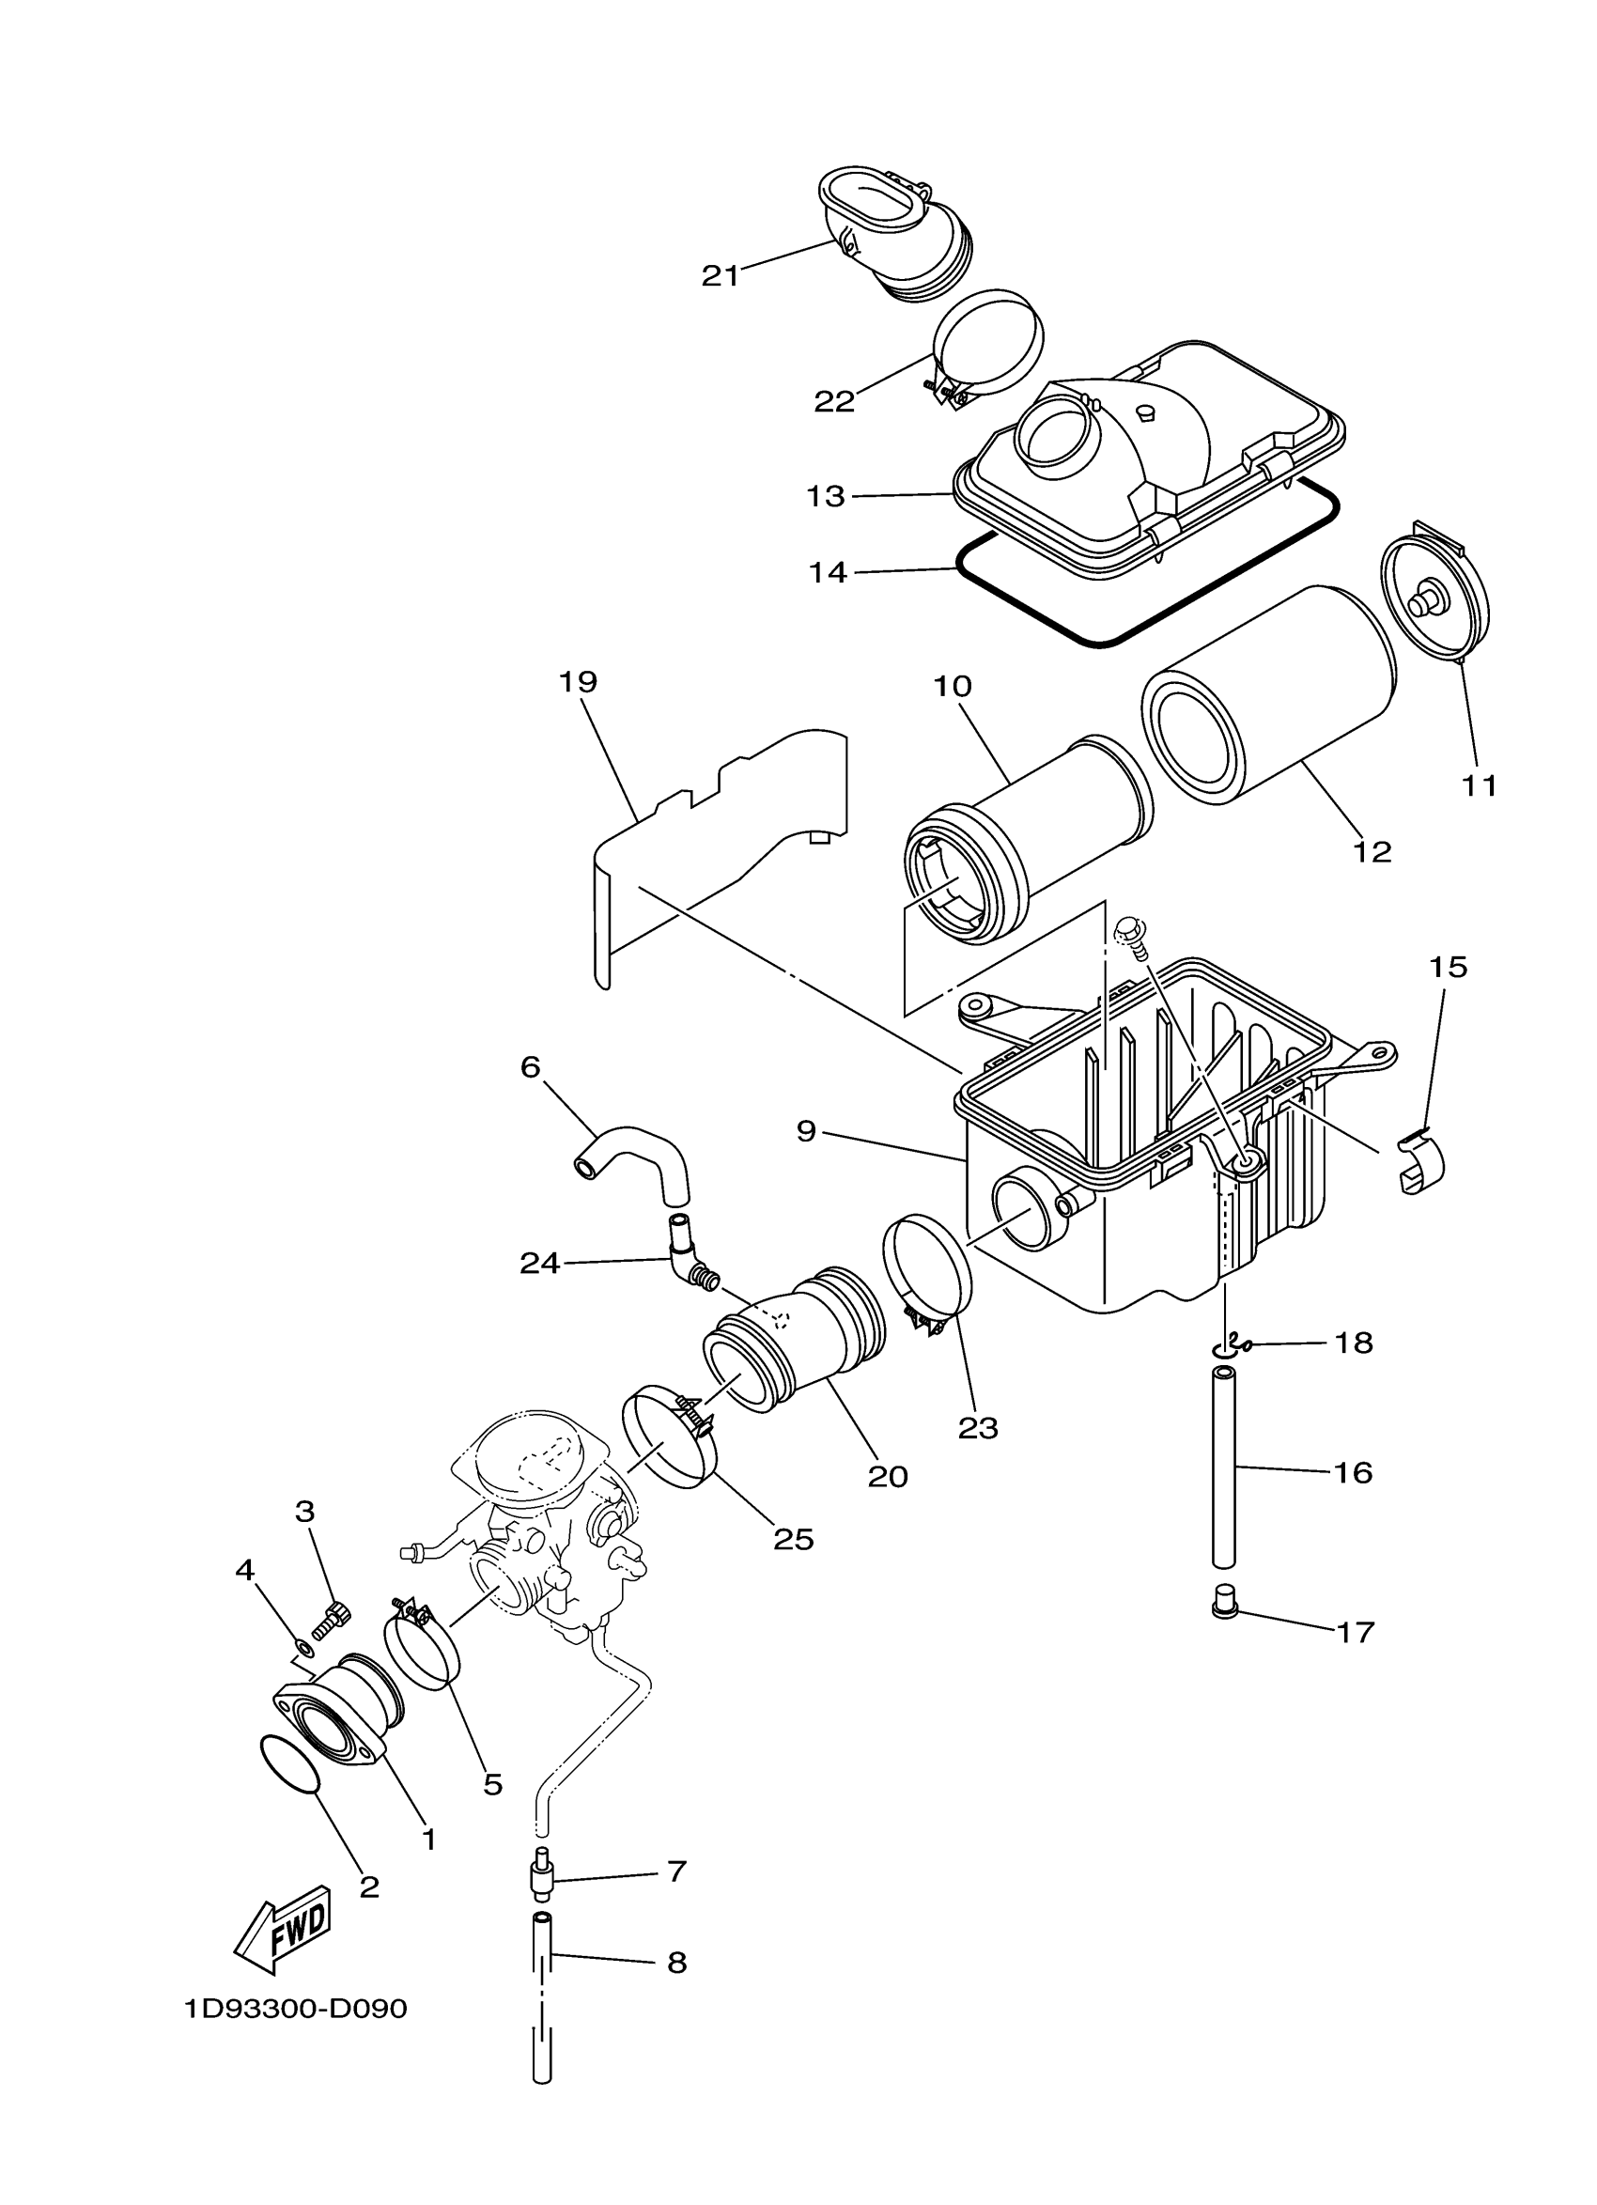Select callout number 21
pyautogui.click(x=721, y=276)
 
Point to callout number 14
pyautogui.click(x=829, y=573)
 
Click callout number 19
pyautogui.click(x=578, y=681)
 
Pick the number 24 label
pyautogui.click(x=539, y=1263)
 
